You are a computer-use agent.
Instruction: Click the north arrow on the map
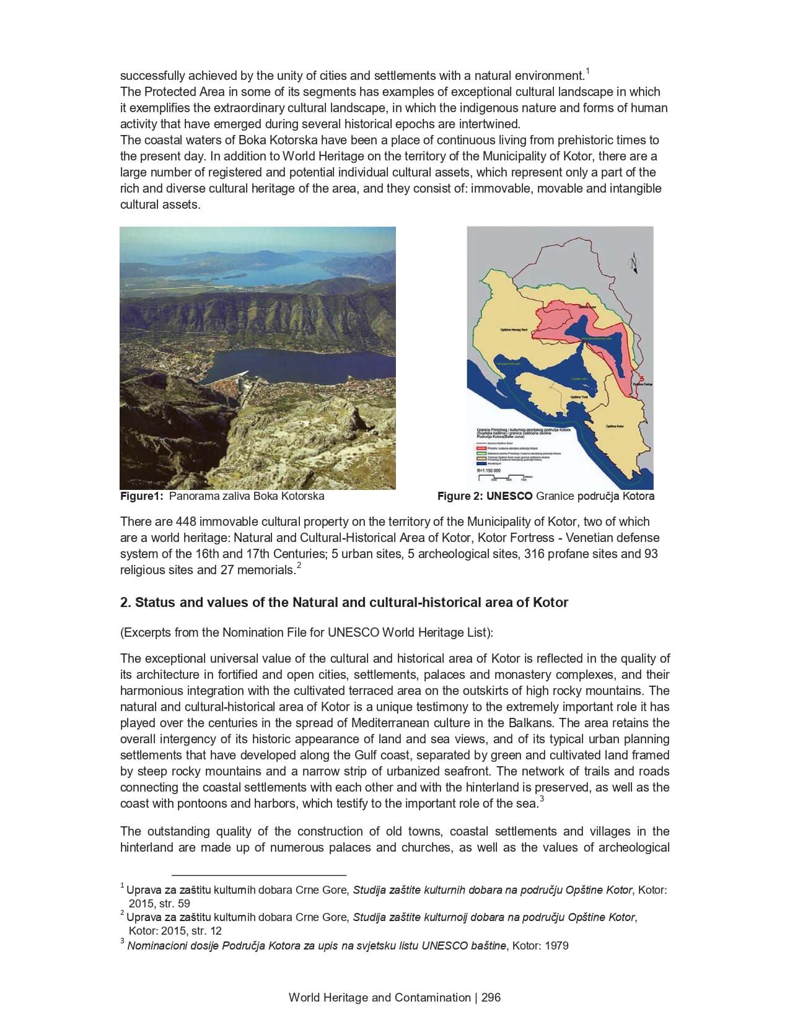click(x=633, y=263)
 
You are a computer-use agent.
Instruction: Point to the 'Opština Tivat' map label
click(x=579, y=396)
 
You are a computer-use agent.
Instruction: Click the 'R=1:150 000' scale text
click(x=489, y=471)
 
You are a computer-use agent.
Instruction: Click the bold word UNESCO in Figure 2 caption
click(x=509, y=496)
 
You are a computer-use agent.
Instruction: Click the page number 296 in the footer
click(x=491, y=997)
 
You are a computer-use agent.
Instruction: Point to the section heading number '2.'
click(x=125, y=602)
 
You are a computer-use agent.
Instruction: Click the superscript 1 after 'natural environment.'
click(x=587, y=72)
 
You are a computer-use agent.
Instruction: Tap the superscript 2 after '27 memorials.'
click(x=299, y=566)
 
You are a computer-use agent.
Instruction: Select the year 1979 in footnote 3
click(x=556, y=946)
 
